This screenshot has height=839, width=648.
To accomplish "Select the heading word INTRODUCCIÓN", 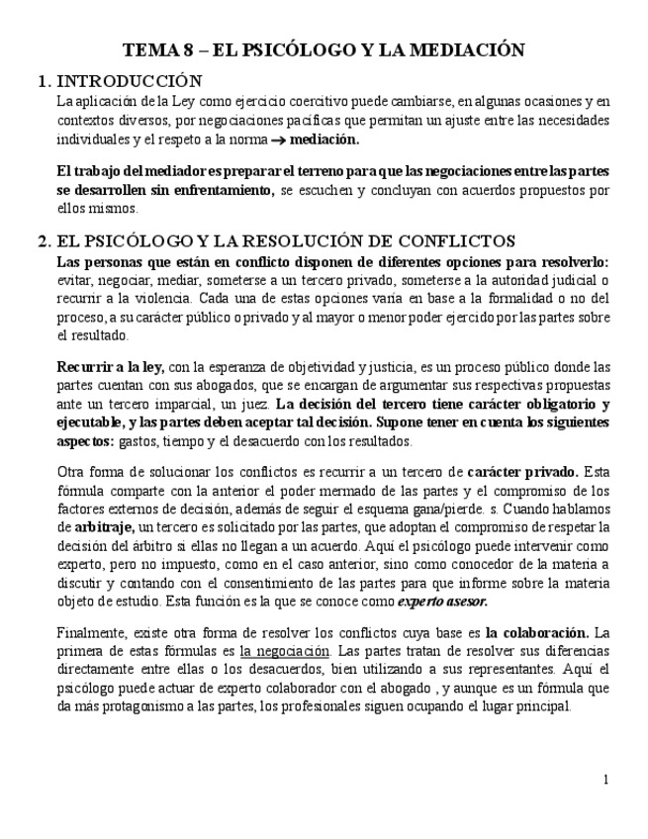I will click(x=130, y=81).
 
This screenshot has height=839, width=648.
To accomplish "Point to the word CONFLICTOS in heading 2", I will click(x=462, y=240).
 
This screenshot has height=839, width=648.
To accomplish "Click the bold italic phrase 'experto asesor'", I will click(x=442, y=602).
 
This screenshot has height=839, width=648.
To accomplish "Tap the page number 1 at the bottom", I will click(x=605, y=780).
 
